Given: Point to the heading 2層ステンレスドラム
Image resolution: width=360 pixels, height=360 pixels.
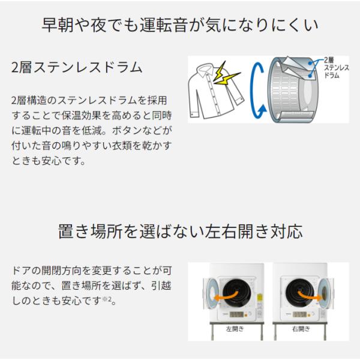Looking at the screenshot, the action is point(76,67).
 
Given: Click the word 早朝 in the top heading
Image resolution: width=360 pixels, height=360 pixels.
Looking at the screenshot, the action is point(58,25).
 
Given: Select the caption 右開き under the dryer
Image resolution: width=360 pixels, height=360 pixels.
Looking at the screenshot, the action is point(301,329).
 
